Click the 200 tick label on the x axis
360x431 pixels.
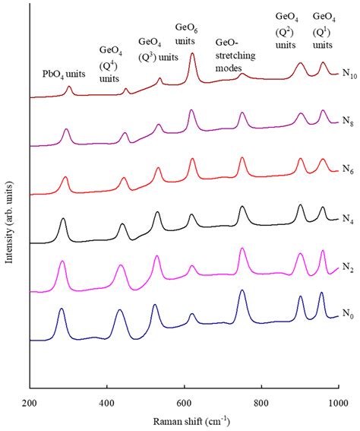pyautogui.click(x=29, y=402)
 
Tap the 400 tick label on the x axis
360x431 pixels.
pyautogui.click(x=106, y=402)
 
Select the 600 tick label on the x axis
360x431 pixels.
pyautogui.click(x=184, y=402)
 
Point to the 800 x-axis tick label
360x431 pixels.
pyautogui.click(x=261, y=402)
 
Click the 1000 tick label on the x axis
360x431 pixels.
pyautogui.click(x=337, y=402)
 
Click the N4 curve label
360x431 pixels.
pyautogui.click(x=349, y=220)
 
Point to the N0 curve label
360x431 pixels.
pyautogui.click(x=349, y=313)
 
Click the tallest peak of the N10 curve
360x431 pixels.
pyautogui.click(x=192, y=54)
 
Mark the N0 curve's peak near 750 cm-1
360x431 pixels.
pyautogui.click(x=242, y=290)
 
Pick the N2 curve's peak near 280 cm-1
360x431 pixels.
pyautogui.click(x=62, y=261)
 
